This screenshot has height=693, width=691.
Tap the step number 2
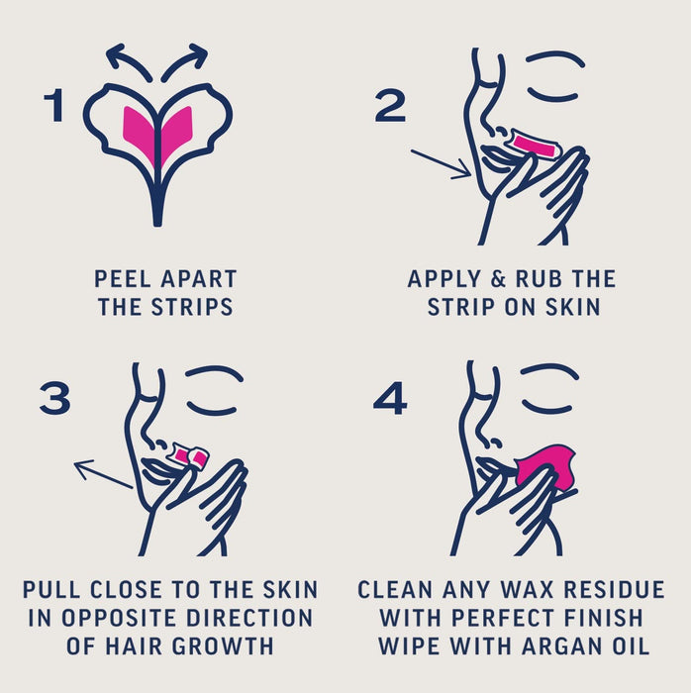[x=389, y=106]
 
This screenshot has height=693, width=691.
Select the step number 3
[x=54, y=397]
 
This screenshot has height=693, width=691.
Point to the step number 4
[x=389, y=397]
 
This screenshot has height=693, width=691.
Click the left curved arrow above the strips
[x=127, y=59]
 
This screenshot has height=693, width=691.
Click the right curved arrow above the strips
[x=185, y=59]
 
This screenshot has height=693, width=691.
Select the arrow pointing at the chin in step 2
[x=440, y=163]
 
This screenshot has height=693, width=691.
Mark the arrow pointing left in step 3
[x=103, y=474]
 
